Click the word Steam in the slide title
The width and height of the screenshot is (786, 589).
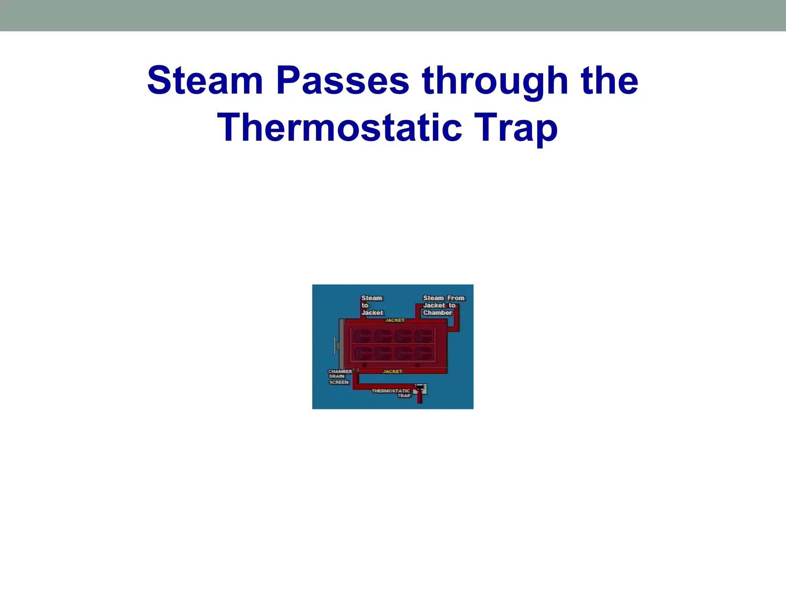pos(205,81)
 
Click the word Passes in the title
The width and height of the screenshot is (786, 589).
pos(343,81)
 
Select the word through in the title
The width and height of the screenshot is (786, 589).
pos(495,81)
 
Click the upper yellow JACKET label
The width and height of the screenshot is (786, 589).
pos(395,320)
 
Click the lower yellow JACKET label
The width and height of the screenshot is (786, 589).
pos(392,372)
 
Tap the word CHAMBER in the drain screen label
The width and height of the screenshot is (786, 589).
pos(340,372)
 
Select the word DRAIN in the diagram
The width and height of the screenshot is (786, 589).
pos(337,377)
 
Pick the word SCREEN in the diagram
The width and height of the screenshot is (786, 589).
pos(339,382)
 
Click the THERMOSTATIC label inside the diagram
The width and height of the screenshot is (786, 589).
pos(391,391)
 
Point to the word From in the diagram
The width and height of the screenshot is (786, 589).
pos(456,298)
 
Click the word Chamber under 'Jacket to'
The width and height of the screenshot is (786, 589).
pos(438,313)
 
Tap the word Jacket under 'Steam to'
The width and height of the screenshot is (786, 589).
pos(372,313)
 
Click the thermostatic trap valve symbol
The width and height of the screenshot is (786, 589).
pos(420,389)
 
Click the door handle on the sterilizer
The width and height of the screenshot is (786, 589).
pos(335,345)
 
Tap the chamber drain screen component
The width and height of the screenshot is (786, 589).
pos(355,370)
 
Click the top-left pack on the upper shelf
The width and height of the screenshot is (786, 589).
pos(362,336)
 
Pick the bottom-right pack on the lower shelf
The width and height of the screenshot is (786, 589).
pos(424,353)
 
